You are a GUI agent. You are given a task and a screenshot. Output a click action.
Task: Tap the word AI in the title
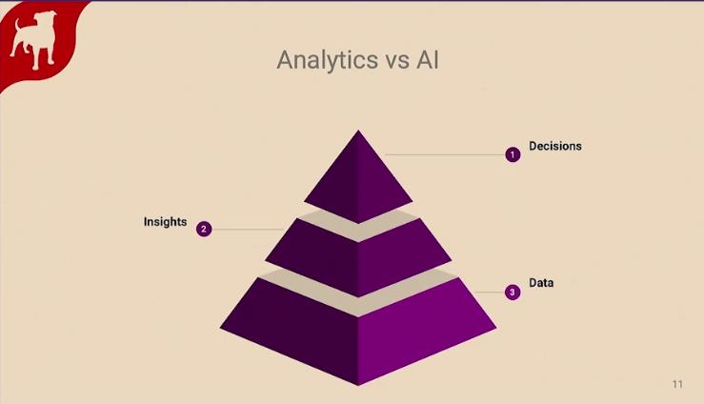(x=428, y=59)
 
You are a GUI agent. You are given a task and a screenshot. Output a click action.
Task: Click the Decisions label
(x=555, y=146)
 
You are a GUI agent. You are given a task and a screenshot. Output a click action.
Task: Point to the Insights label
(x=165, y=222)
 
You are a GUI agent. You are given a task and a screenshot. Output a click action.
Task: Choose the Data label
(x=541, y=283)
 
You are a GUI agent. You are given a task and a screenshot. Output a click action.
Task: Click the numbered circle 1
(x=513, y=155)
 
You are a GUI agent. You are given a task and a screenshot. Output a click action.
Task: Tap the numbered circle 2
(x=204, y=229)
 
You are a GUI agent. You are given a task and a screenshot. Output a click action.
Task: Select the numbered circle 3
(x=513, y=293)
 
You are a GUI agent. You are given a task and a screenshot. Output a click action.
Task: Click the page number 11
(x=677, y=384)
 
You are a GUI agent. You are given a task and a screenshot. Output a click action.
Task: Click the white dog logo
(x=33, y=40)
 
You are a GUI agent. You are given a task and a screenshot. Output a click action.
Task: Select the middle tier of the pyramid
(x=358, y=258)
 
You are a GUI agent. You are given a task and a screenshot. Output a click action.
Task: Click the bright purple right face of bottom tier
(x=428, y=332)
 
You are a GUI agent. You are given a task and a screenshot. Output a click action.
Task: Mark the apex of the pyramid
(x=358, y=131)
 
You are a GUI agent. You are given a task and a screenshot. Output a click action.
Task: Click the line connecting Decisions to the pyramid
(x=446, y=155)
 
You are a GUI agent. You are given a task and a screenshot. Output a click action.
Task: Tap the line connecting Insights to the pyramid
(x=249, y=230)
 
